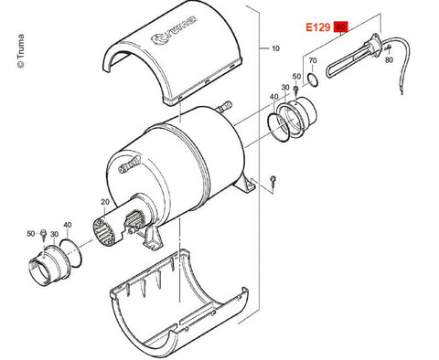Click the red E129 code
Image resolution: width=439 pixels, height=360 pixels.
[x=318, y=27]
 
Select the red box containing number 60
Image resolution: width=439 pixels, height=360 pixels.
[x=341, y=27]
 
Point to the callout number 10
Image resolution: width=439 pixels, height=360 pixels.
[x=275, y=48]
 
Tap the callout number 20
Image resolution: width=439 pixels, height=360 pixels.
[x=105, y=202]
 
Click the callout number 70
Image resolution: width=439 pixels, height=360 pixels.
[x=313, y=60]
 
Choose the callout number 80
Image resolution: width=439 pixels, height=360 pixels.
[x=389, y=60]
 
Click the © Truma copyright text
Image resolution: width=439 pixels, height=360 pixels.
[x=21, y=51]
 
